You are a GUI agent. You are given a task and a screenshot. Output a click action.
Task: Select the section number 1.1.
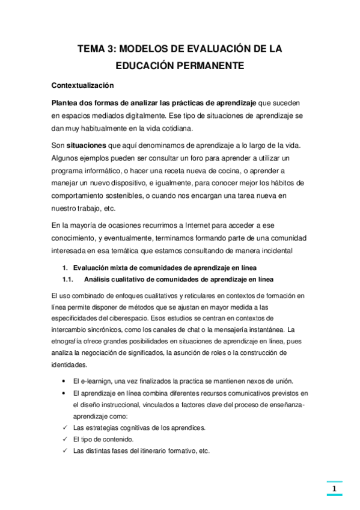pos(67,279)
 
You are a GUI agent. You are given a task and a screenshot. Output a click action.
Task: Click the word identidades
pos(69,364)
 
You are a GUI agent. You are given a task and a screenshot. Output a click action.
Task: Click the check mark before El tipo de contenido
pos(64,439)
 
